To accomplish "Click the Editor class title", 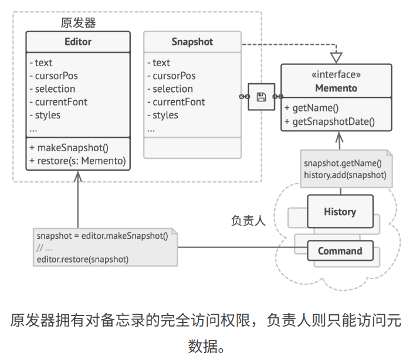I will pyautogui.click(x=78, y=42).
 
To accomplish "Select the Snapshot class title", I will pyautogui.click(x=192, y=42).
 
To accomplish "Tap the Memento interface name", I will pyautogui.click(x=336, y=88).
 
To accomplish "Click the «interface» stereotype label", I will pyautogui.click(x=336, y=75).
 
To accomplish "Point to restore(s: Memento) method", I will pyautogui.click(x=77, y=161).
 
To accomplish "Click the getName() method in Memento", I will pyautogui.click(x=312, y=109).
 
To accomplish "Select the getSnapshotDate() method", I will pyautogui.click(x=330, y=122).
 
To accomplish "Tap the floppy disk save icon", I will pyautogui.click(x=262, y=97).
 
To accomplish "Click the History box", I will pyautogui.click(x=340, y=212).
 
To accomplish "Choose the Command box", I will pyautogui.click(x=340, y=251).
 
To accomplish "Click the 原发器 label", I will pyautogui.click(x=78, y=23).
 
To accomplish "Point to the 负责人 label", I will pyautogui.click(x=248, y=221).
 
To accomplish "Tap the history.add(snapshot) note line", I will pyautogui.click(x=345, y=175).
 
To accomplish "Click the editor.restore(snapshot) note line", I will pyautogui.click(x=83, y=259).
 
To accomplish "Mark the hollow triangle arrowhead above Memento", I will pyautogui.click(x=336, y=57).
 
